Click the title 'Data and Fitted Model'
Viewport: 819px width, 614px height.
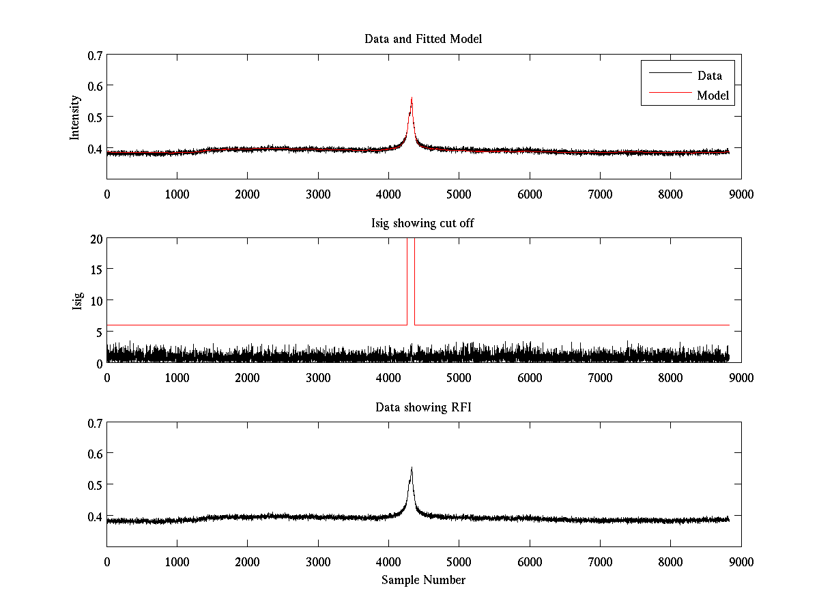(423, 39)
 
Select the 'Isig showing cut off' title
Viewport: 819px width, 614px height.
(423, 223)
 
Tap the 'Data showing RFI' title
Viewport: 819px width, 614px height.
(423, 407)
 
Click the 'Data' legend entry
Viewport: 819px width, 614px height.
(709, 76)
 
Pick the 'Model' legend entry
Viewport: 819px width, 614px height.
(713, 96)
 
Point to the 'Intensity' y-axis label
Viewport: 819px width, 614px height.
(75, 117)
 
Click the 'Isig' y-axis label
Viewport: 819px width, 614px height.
(77, 301)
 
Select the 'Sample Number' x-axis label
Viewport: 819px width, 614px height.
(423, 580)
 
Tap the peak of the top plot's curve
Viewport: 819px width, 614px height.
(412, 98)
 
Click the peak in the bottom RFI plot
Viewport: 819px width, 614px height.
(412, 468)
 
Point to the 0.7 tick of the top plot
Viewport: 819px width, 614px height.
(95, 55)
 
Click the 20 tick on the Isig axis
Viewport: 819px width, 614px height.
(96, 239)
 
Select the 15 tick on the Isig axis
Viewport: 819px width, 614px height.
(96, 269)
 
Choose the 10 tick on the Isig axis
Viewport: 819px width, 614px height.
(96, 301)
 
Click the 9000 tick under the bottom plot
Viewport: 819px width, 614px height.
(741, 561)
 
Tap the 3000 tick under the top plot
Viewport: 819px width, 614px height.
(317, 194)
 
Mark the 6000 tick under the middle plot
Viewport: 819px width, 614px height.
(529, 377)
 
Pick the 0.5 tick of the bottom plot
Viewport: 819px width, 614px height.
(95, 484)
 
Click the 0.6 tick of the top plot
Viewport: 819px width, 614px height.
(95, 86)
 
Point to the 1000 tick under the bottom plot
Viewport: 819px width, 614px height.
(177, 561)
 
